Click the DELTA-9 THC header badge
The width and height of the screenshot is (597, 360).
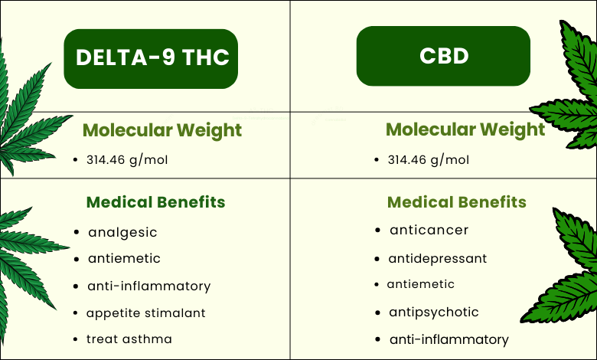[x=151, y=59]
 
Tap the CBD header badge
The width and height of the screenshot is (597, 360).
[x=443, y=56]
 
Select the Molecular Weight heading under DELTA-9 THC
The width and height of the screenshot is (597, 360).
[x=162, y=130]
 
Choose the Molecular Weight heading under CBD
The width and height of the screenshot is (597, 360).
[x=465, y=129]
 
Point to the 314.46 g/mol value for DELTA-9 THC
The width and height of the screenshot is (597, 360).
[x=127, y=160]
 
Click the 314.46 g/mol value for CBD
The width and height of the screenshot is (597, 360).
[x=429, y=160]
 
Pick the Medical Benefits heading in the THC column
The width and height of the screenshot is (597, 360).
[x=155, y=202]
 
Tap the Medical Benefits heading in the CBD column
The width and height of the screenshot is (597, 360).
[x=457, y=202]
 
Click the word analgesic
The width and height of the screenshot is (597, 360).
[x=122, y=232]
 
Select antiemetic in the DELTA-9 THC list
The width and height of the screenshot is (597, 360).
[x=124, y=258]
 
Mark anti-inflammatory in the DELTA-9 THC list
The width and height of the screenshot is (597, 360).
[x=149, y=286]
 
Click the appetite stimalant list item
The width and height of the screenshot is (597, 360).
[x=146, y=313]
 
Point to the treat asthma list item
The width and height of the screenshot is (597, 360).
[x=129, y=339]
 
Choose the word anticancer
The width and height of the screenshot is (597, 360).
[x=429, y=230]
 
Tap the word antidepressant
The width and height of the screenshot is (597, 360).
[x=438, y=259]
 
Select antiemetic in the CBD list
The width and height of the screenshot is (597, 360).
[x=421, y=284]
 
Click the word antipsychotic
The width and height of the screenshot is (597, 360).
[x=434, y=313]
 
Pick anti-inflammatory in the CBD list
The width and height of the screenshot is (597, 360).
[x=449, y=339]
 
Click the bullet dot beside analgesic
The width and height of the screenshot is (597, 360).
[x=77, y=232]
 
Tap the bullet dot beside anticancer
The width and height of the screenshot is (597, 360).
[x=377, y=230]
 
